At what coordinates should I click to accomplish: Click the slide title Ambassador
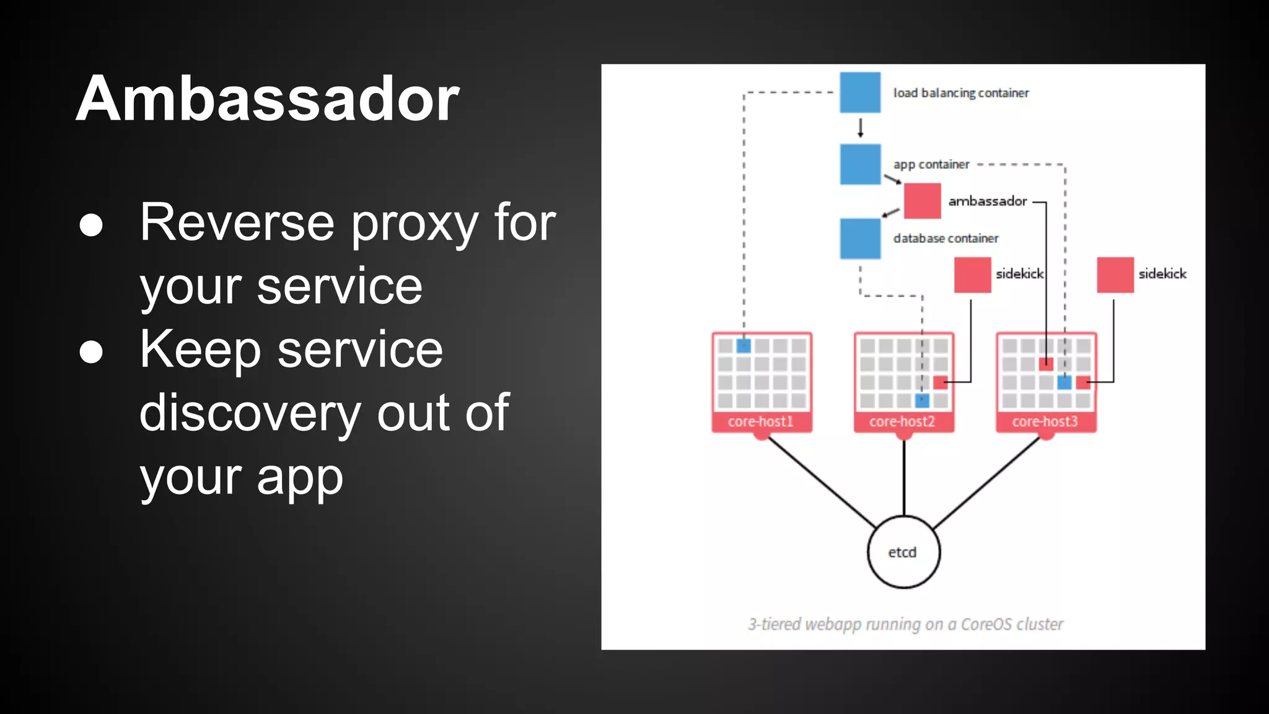pos(267,99)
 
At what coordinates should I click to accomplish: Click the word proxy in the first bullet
pos(414,223)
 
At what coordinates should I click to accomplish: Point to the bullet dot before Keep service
pos(91,351)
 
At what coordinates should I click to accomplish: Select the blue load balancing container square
pos(860,92)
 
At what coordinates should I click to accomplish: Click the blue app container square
pos(860,164)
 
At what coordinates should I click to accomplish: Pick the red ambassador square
pos(922,201)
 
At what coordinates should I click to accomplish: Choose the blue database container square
pos(860,238)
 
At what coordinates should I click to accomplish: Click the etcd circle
pos(903,552)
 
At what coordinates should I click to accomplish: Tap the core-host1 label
pos(761,421)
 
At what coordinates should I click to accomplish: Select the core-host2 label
pos(902,421)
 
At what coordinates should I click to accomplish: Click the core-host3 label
pos(1045,421)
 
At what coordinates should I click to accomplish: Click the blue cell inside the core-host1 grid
pos(744,346)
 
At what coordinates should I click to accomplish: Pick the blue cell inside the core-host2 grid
pos(922,400)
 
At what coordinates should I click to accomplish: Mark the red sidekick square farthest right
pos(1115,275)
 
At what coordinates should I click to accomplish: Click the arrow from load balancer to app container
pos(860,128)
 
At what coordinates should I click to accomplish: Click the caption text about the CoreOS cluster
pos(905,624)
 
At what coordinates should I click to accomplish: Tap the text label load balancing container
pos(960,93)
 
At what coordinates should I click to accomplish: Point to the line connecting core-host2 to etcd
pos(904,477)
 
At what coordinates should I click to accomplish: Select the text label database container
pos(946,239)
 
